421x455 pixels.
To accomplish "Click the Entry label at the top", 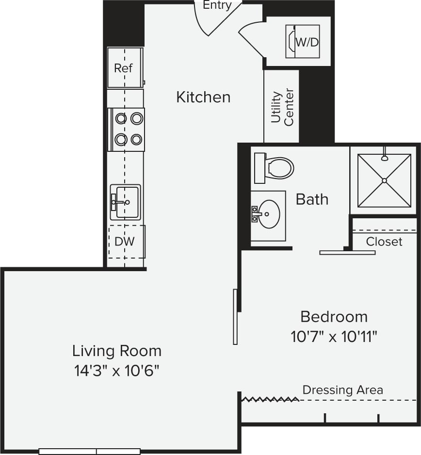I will [x=217, y=5].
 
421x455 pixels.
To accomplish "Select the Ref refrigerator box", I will [x=125, y=68].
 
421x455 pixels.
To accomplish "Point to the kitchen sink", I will [x=125, y=202].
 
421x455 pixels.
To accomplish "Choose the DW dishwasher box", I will [x=126, y=241].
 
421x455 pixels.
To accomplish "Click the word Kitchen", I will [x=203, y=97].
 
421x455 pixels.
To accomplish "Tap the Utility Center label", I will [x=282, y=107].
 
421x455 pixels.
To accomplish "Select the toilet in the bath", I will [x=274, y=168].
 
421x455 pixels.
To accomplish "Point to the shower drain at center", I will [x=384, y=180].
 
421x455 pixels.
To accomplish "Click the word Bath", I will [x=312, y=199].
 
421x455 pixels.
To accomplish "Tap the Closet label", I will [x=384, y=241].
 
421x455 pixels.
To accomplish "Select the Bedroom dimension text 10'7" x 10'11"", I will [x=334, y=336].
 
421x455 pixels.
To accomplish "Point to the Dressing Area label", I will [x=342, y=390].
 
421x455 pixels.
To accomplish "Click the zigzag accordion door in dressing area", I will [x=270, y=399].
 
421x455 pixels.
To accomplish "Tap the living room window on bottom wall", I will [x=90, y=451].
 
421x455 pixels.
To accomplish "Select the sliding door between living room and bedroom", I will [x=235, y=316].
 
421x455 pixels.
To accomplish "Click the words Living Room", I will [x=117, y=350].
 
